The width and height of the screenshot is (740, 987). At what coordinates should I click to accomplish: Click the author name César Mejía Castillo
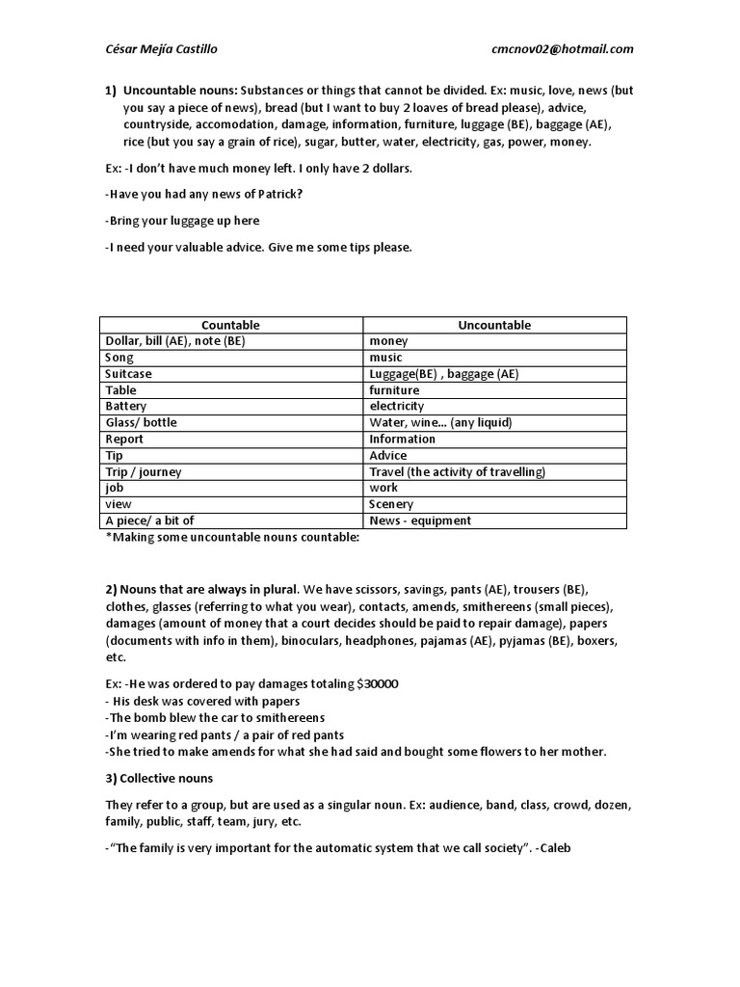pos(167,49)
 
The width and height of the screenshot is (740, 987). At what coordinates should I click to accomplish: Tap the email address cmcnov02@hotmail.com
pos(563,49)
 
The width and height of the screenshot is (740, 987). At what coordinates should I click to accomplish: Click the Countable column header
pos(230,325)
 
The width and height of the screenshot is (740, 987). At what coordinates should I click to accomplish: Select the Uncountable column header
pos(494,325)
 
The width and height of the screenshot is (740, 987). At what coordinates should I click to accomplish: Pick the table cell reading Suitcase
pos(128,374)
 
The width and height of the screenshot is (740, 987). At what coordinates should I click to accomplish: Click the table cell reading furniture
pos(394,390)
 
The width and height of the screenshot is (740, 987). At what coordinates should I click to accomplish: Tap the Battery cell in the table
pos(125,407)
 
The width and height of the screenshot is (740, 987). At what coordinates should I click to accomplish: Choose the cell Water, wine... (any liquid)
pos(440,423)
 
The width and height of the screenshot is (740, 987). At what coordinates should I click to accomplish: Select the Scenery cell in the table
pos(391,504)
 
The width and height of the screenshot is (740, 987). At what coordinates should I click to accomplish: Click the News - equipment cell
pos(420,520)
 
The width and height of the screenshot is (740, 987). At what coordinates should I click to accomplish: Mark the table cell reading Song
pos(119,358)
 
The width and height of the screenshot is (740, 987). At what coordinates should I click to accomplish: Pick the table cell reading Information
pos(402,440)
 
